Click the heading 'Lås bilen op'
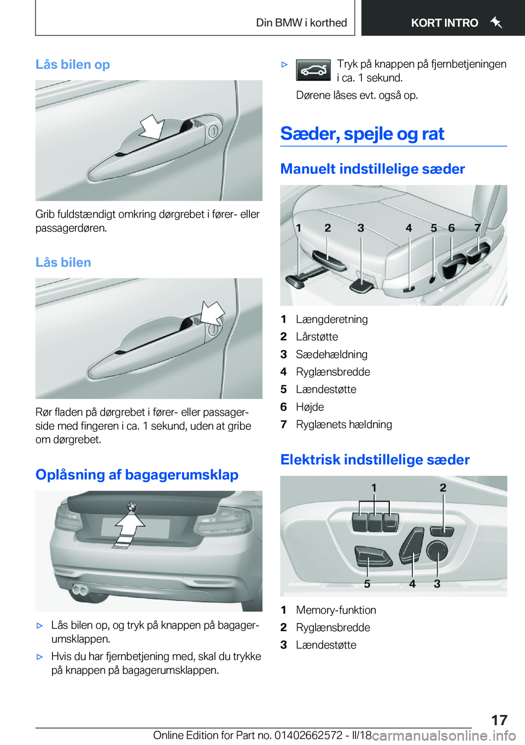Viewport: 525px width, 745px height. click(x=73, y=65)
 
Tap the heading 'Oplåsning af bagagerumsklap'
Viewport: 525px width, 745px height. click(x=137, y=475)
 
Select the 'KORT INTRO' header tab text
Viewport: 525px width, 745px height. click(x=444, y=23)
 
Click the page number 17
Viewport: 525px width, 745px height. click(x=499, y=720)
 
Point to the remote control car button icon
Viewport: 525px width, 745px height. click(x=313, y=71)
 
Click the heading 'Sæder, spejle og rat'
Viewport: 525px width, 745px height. click(x=362, y=134)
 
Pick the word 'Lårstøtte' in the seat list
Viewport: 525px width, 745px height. click(x=317, y=337)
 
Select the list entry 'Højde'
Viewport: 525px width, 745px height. click(x=310, y=407)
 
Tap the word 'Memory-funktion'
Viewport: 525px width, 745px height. click(x=336, y=610)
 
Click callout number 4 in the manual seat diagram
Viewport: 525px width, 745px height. click(x=409, y=228)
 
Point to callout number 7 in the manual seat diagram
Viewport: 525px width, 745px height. click(x=477, y=228)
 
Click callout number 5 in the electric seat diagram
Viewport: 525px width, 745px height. click(x=367, y=584)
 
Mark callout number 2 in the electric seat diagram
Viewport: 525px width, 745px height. click(x=443, y=488)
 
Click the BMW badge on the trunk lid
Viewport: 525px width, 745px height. click(x=131, y=507)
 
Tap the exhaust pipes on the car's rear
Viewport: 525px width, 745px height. click(x=80, y=590)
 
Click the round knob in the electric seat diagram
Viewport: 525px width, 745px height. click(x=437, y=550)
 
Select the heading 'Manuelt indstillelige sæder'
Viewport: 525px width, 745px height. click(x=372, y=169)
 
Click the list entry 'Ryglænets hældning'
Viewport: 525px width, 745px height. click(x=343, y=424)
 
